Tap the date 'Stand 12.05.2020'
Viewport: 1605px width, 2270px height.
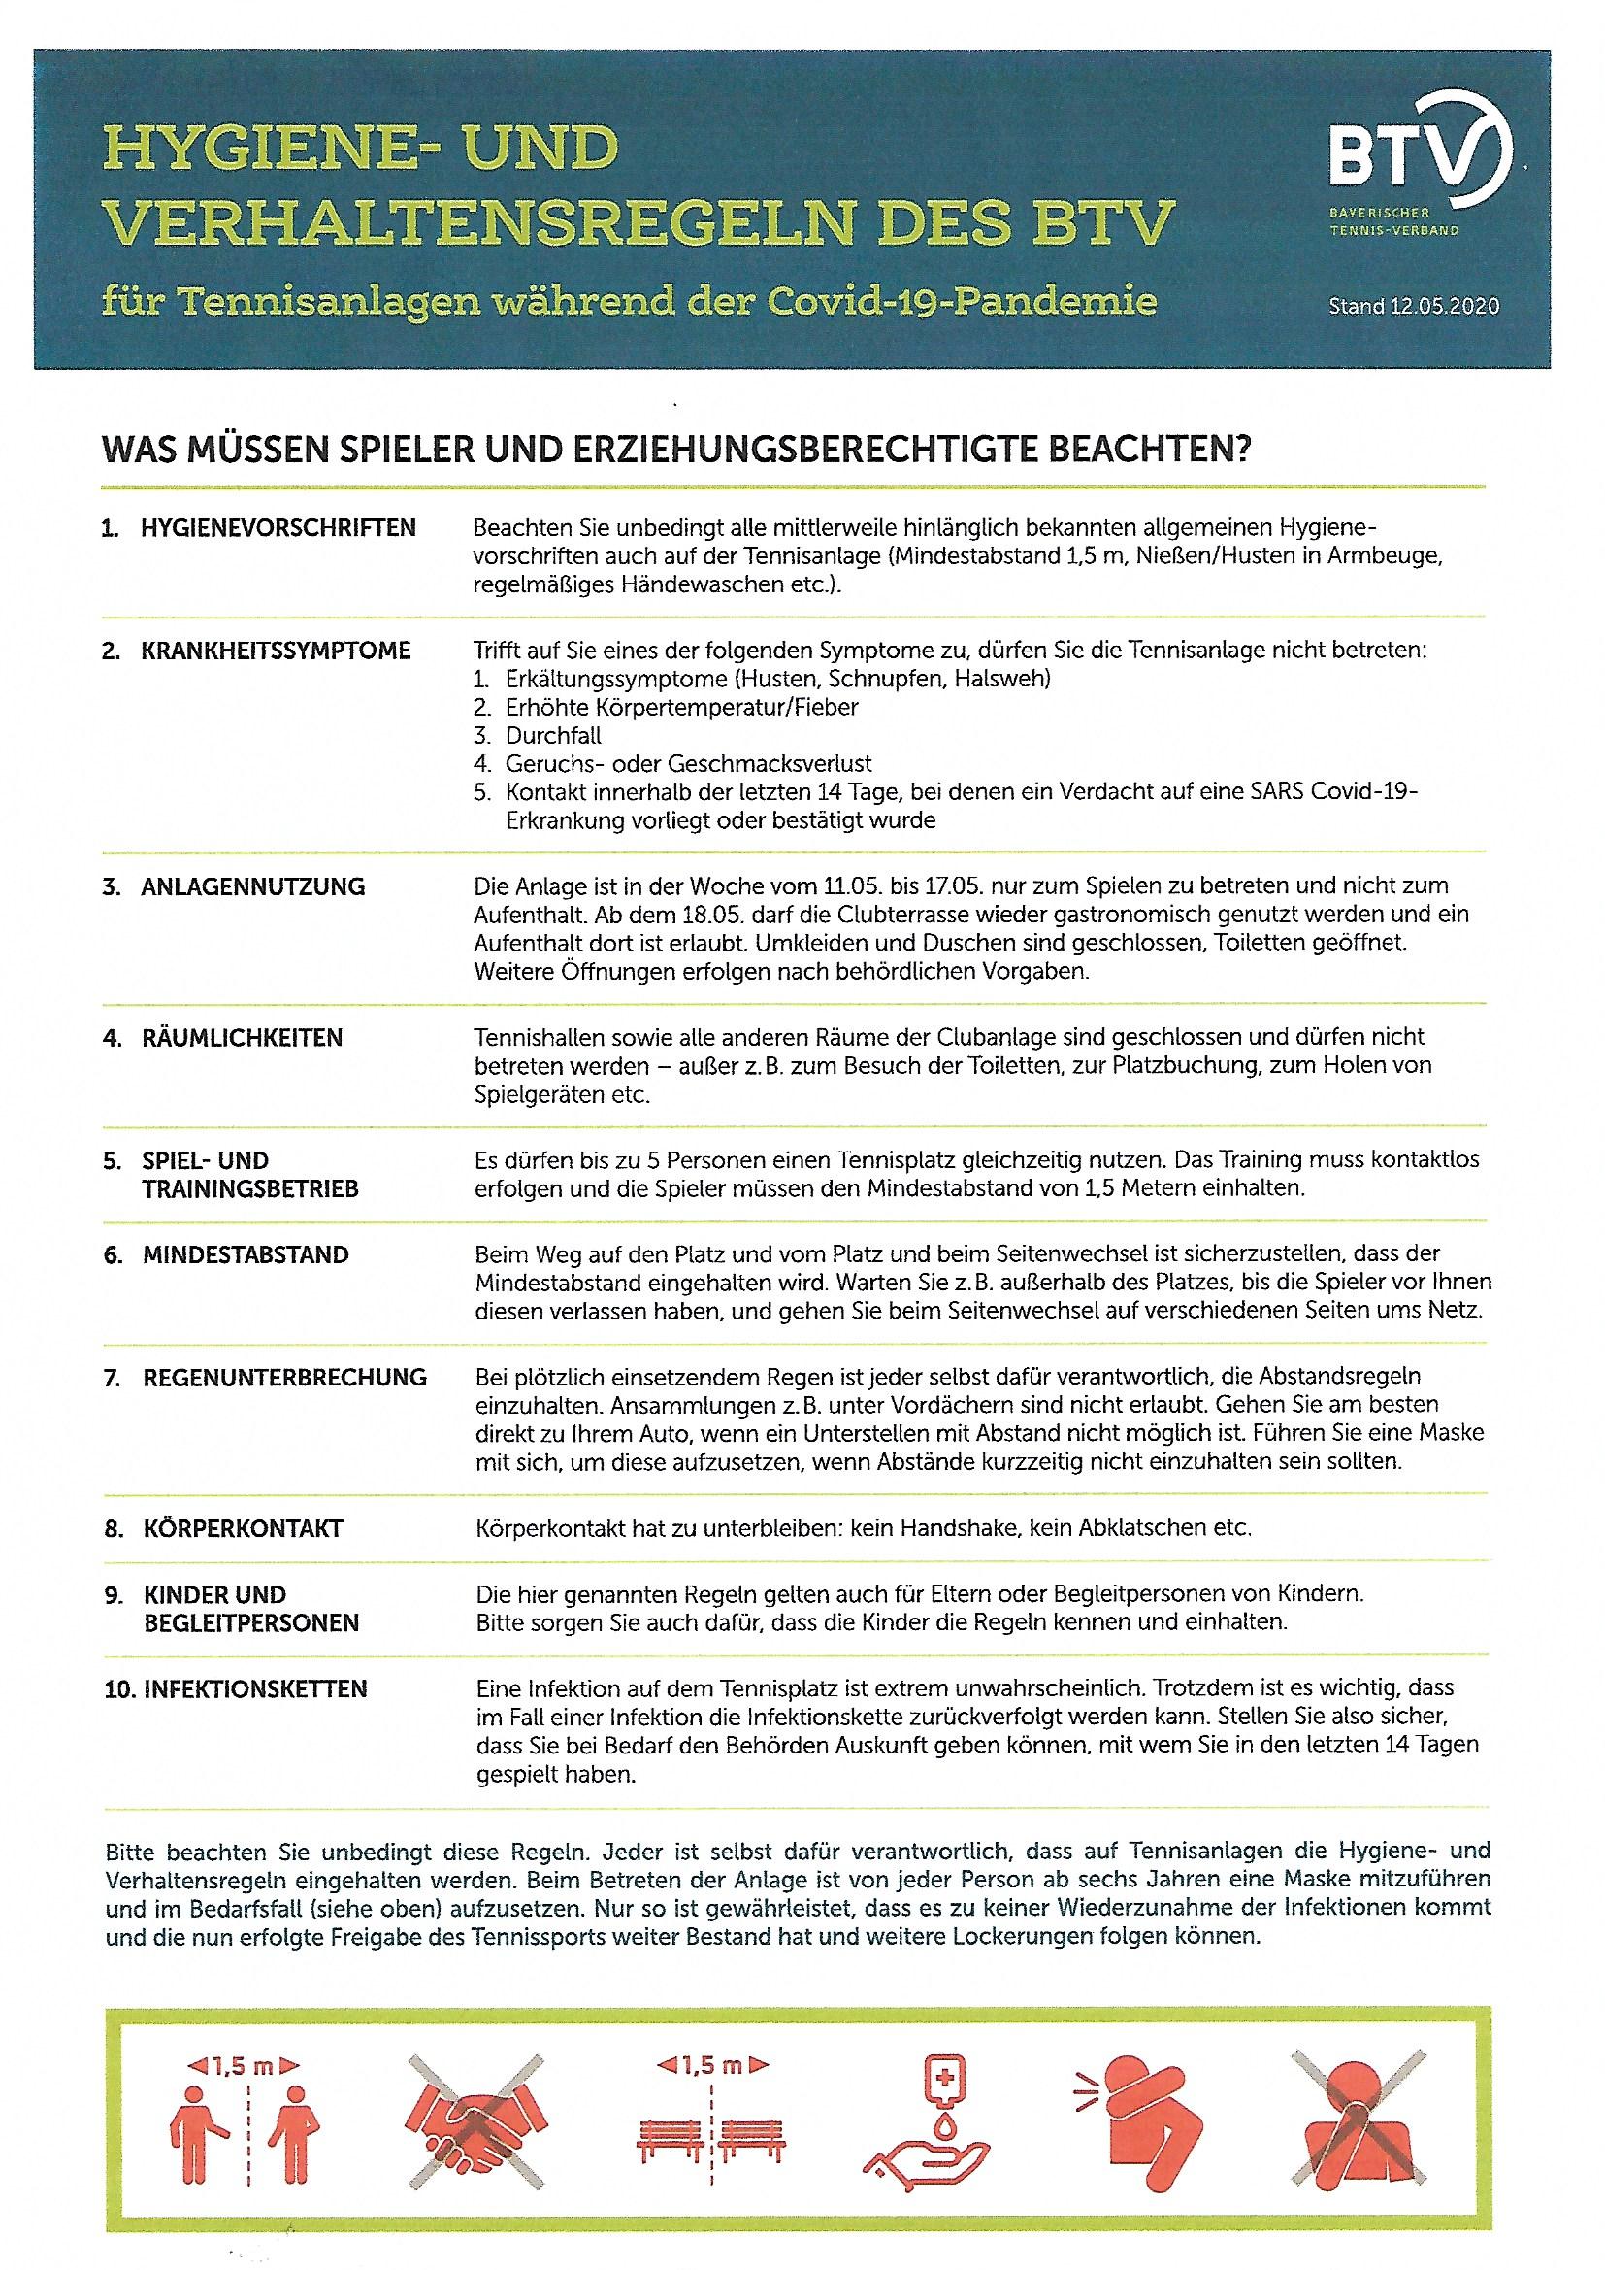1413,306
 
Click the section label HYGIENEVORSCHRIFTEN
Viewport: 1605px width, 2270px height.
278,528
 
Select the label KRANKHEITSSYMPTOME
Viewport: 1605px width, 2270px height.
276,651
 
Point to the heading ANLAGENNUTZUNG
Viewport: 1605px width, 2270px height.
253,886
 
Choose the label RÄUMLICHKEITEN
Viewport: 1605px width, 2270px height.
243,1038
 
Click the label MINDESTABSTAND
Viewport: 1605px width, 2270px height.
246,1255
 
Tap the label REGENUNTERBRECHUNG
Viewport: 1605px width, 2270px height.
284,1377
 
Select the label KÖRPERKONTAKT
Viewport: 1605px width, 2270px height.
243,1528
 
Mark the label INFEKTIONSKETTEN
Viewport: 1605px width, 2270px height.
255,1689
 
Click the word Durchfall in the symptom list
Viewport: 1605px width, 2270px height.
552,736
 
